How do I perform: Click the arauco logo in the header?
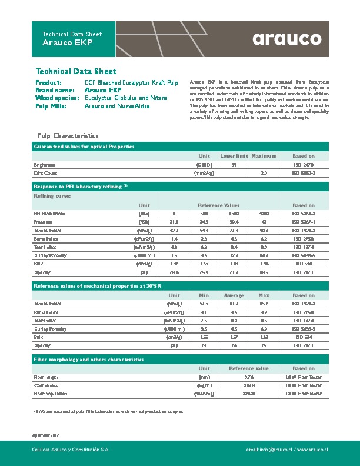click(x=288, y=39)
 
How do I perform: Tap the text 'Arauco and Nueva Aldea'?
click(x=117, y=106)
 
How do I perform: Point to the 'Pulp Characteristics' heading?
click(x=64, y=135)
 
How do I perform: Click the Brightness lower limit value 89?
click(x=234, y=165)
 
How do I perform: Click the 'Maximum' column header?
click(x=264, y=156)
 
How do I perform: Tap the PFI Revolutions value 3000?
click(x=264, y=213)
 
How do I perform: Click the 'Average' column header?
click(x=234, y=295)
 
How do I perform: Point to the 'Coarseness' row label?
click(x=45, y=385)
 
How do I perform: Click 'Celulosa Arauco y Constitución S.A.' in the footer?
click(x=71, y=450)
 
